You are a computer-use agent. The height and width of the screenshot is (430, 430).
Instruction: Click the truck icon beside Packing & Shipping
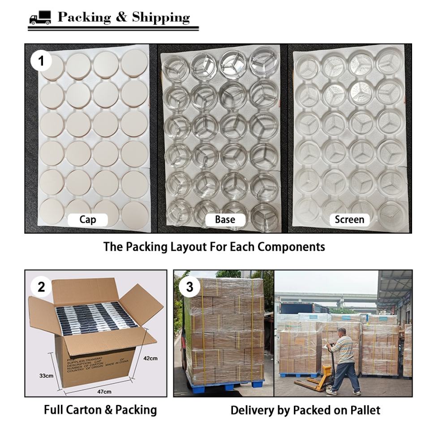coord(40,18)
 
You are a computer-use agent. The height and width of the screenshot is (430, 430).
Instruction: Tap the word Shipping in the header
coord(161,17)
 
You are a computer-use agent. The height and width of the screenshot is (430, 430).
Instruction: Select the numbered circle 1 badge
coord(42,60)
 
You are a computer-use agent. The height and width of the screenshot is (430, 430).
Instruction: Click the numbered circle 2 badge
coord(41,287)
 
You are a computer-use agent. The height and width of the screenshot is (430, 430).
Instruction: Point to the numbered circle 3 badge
coord(189,287)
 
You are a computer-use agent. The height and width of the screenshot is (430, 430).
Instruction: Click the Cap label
coord(87,219)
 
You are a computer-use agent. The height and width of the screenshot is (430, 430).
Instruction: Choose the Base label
coord(225,219)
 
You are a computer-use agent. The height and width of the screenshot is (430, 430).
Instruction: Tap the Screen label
coord(349,219)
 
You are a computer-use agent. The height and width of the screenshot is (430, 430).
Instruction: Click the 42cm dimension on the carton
coord(150,358)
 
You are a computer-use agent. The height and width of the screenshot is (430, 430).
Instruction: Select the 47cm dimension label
coord(104,392)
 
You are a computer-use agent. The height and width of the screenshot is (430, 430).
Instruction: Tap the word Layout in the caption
coord(168,247)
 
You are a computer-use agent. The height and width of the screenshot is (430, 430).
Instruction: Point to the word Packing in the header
coord(84,17)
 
